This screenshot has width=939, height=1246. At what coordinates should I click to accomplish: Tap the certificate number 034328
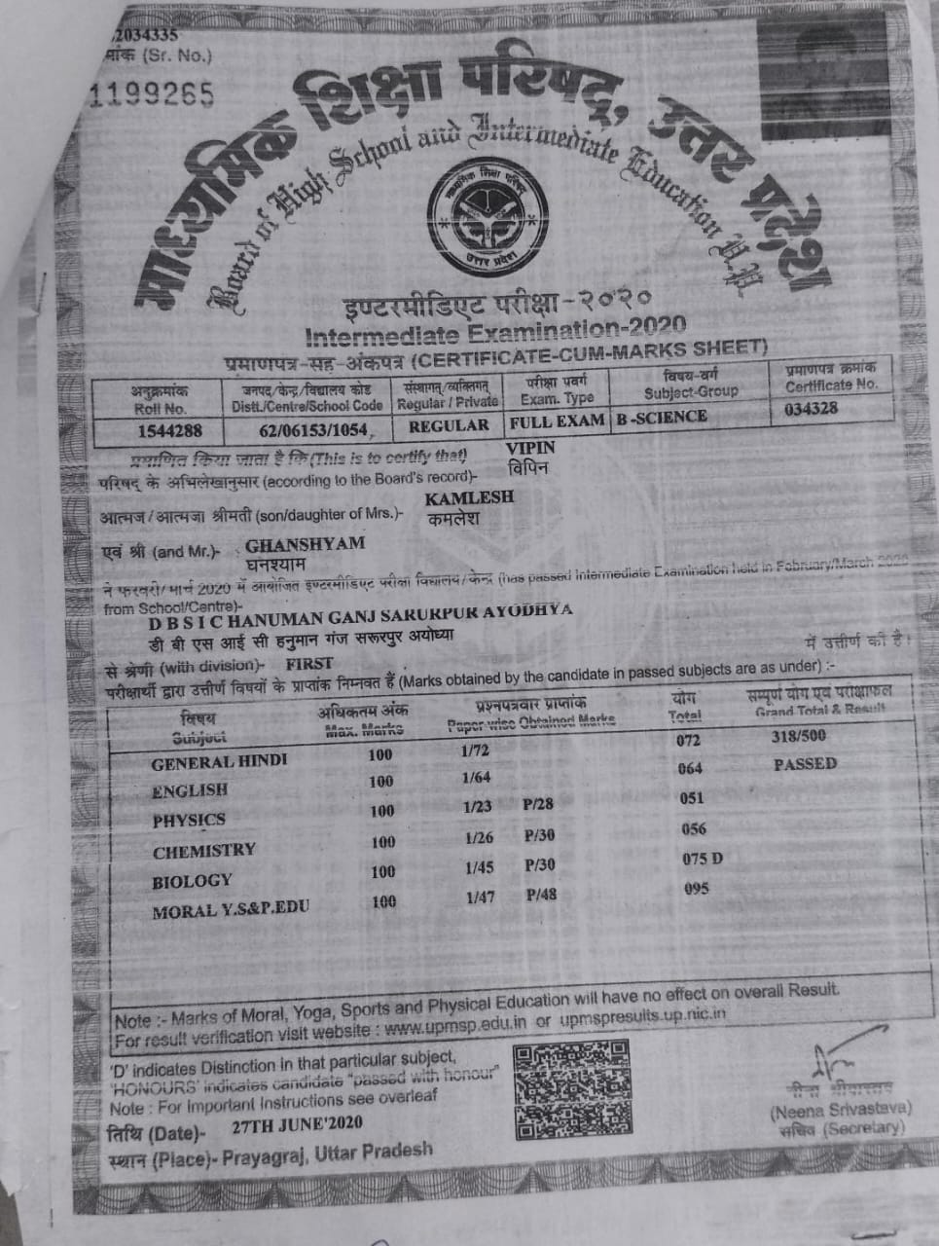[x=811, y=408]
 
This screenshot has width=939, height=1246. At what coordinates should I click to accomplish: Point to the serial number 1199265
[x=151, y=93]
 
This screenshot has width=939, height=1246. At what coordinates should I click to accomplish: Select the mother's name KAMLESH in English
[x=470, y=497]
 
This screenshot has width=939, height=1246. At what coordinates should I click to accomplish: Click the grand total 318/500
[x=798, y=736]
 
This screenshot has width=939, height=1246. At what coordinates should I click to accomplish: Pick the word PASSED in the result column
[x=805, y=764]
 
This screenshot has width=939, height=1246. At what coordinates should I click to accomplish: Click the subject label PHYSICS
[x=189, y=820]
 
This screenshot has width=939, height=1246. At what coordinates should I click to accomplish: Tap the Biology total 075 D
[x=702, y=859]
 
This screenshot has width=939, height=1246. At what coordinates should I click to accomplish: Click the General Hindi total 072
[x=688, y=741]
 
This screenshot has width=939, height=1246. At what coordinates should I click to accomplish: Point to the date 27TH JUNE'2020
[x=298, y=1124]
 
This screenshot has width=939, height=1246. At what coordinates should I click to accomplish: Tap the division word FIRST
[x=309, y=663]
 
